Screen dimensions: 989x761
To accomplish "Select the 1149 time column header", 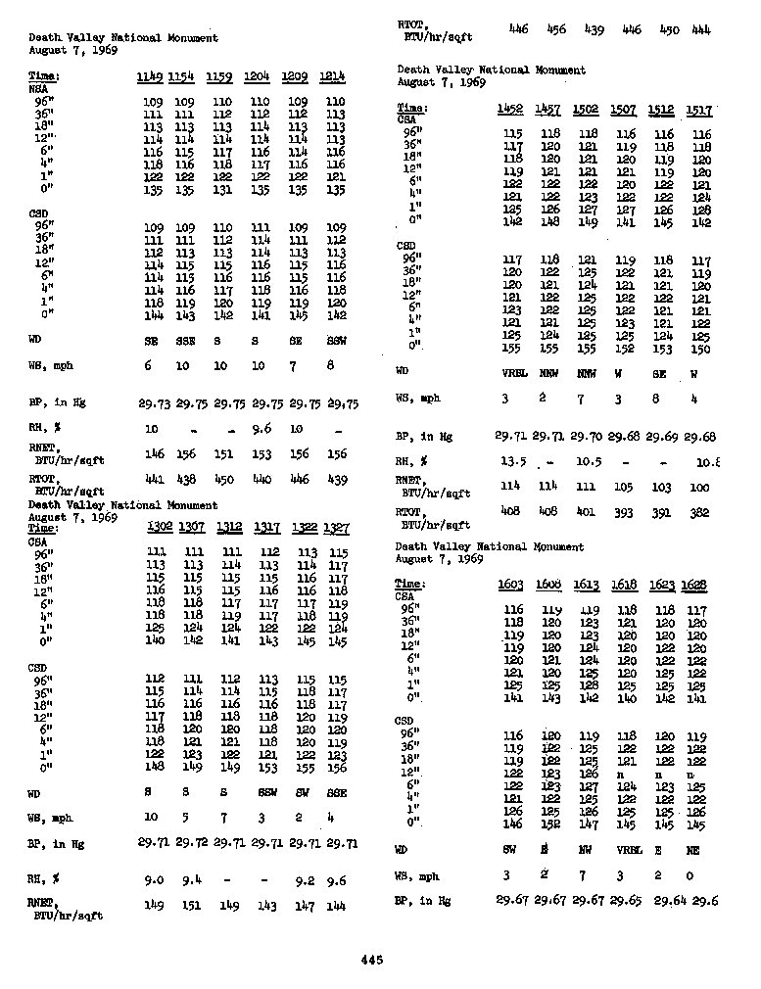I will point(150,76).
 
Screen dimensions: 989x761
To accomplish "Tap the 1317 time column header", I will point(266,527).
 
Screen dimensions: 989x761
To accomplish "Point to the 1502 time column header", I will point(587,110).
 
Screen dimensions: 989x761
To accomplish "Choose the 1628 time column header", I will point(696,585).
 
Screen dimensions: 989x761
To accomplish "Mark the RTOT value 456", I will point(555,29).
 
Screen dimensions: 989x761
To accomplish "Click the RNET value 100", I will point(699,487).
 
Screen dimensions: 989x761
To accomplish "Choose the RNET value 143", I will point(266,907).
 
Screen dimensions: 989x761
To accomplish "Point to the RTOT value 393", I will point(624,512).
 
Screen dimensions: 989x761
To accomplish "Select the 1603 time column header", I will point(510,585).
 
